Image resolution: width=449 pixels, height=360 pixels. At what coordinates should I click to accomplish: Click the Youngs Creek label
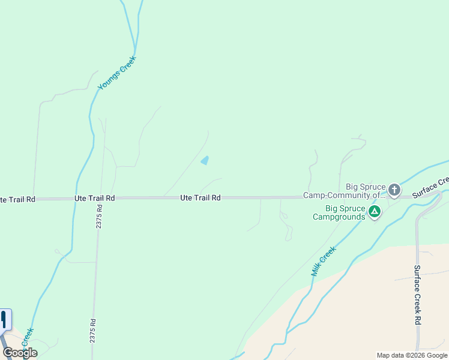click(118, 73)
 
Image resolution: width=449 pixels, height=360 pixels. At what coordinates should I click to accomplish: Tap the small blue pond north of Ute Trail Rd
click(205, 160)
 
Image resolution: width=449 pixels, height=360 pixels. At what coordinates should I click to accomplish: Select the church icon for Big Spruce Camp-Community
click(394, 190)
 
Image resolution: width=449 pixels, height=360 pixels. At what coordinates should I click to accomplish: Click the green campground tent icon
click(375, 211)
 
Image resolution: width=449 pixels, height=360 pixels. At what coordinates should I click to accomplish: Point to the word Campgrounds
click(339, 217)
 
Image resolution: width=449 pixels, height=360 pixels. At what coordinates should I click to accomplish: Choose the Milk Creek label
click(323, 261)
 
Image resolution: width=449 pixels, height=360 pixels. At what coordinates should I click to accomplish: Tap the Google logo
click(20, 353)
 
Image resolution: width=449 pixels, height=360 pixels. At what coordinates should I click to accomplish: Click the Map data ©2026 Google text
click(412, 355)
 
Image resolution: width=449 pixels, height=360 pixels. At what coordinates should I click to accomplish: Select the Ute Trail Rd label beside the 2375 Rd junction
click(94, 197)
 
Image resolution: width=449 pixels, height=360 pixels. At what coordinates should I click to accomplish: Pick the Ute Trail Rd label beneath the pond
click(200, 197)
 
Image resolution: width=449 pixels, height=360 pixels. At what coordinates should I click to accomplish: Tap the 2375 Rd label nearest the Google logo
click(92, 329)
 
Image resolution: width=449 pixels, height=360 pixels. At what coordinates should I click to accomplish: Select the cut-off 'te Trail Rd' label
click(17, 199)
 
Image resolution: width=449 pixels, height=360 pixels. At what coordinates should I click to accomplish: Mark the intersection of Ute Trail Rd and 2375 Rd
click(100, 197)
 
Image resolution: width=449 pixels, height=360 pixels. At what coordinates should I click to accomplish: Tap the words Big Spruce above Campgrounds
click(345, 209)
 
